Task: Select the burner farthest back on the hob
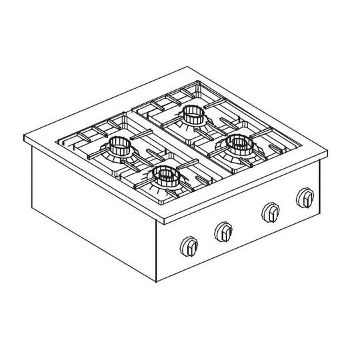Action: point(193,115)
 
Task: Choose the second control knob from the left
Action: point(223,232)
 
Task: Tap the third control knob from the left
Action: point(270,211)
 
